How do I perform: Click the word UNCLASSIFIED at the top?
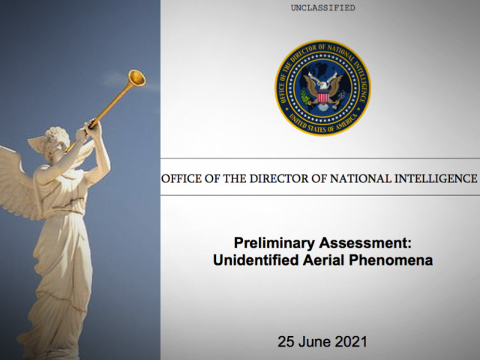(x=323, y=7)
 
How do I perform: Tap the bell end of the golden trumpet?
(x=136, y=78)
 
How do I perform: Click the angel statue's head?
(x=57, y=140)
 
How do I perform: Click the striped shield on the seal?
(x=323, y=97)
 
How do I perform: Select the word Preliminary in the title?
(x=274, y=243)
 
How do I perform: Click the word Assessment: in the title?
(x=365, y=243)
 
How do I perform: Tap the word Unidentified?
(x=256, y=260)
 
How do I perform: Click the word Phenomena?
(x=391, y=260)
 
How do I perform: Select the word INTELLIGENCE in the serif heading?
(x=435, y=178)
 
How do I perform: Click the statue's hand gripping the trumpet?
(x=93, y=125)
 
